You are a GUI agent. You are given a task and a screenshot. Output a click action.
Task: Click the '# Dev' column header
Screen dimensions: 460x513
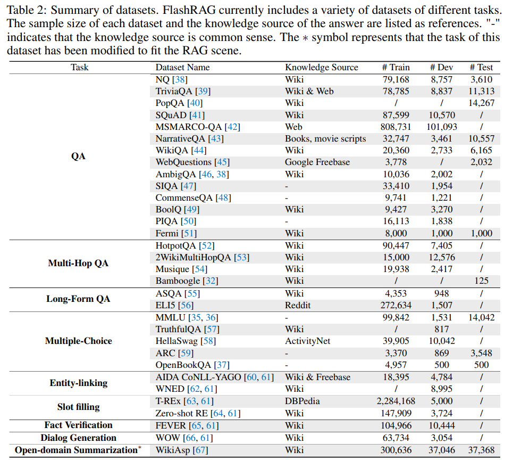click(x=441, y=67)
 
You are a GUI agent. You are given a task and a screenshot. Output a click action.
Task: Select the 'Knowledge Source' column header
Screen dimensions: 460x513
click(x=322, y=67)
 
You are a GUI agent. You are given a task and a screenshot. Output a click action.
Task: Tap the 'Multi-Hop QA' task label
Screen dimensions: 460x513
click(x=79, y=263)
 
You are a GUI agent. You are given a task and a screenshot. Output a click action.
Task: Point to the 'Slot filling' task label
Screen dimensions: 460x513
click(x=79, y=407)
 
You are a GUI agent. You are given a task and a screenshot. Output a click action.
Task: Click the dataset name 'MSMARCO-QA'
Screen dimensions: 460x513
click(x=189, y=127)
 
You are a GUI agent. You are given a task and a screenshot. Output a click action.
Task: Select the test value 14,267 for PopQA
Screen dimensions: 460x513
click(x=481, y=103)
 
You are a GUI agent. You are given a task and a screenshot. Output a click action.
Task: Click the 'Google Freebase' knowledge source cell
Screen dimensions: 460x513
click(x=317, y=162)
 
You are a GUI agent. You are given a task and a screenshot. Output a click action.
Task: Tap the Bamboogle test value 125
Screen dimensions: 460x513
click(x=481, y=281)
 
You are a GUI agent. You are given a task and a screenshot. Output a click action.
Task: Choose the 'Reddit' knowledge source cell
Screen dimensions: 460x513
click(x=298, y=305)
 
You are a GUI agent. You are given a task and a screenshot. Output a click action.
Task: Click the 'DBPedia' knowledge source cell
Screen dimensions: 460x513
click(x=302, y=401)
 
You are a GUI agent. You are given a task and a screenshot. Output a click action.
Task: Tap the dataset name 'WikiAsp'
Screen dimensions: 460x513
click(x=173, y=450)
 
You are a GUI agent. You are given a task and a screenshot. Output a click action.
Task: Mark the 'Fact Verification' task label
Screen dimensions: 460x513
click(x=79, y=425)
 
